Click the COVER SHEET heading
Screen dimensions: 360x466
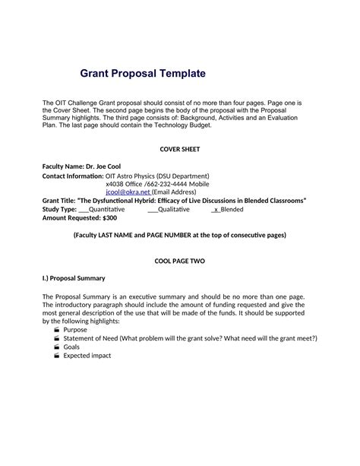[x=181, y=150]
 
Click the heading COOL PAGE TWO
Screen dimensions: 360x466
[x=180, y=260]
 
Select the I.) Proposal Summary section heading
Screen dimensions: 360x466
[x=73, y=277]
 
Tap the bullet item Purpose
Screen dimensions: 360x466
[x=75, y=329]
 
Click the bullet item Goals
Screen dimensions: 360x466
[x=71, y=346]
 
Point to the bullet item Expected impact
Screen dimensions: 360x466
[x=87, y=354]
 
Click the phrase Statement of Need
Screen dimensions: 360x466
[x=92, y=338]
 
